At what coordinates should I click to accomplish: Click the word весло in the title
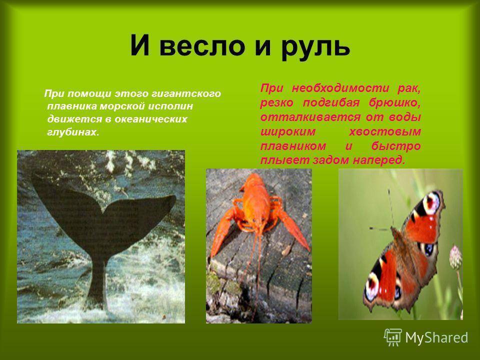point(202,46)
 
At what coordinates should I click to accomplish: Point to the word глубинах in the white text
point(73,132)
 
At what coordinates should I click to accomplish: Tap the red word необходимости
point(341,88)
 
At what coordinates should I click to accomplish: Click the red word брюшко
point(395,103)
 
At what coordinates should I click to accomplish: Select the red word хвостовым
point(385,131)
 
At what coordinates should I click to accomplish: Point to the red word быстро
point(396,146)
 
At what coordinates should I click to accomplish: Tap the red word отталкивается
point(306,117)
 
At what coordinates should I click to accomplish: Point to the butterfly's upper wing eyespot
point(431,203)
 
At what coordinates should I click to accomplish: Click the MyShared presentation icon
point(393,337)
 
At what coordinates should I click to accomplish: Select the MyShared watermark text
point(437,337)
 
